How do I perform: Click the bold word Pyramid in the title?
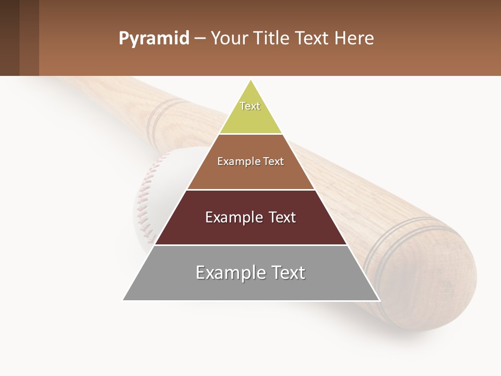point(153,39)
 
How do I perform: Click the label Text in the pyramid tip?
point(250,106)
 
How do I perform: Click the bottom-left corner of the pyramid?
point(123,300)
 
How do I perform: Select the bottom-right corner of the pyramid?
point(379,300)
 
